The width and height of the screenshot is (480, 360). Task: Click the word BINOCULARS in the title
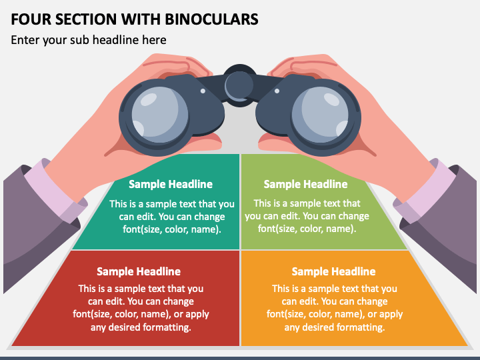tap(211, 19)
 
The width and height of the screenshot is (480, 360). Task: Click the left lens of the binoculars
tap(159, 114)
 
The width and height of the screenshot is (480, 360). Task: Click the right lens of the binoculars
tap(320, 114)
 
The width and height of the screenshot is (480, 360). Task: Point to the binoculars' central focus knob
tap(239, 85)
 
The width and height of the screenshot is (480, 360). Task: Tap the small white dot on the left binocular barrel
tap(203, 91)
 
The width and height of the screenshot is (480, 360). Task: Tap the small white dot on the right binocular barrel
tap(277, 91)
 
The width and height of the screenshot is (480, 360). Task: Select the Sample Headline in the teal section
tap(171, 184)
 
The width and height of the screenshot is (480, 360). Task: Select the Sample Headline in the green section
tap(305, 184)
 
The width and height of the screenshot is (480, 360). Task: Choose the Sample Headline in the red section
tap(139, 271)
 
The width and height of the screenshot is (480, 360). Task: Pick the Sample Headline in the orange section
tap(334, 271)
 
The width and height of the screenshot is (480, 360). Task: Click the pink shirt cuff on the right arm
tap(425, 191)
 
